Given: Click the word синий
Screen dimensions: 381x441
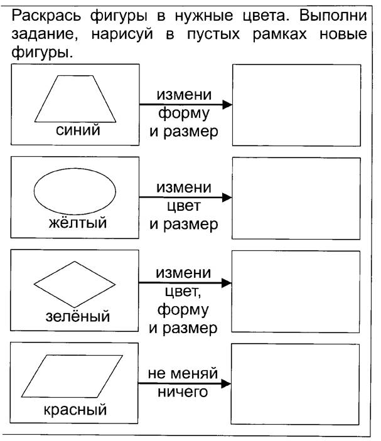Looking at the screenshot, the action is tap(78, 130).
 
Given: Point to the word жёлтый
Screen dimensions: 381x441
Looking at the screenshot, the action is tap(78, 223).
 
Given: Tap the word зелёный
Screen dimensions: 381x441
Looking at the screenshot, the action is tap(78, 316).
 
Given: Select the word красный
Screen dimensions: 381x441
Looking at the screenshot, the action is tap(75, 410).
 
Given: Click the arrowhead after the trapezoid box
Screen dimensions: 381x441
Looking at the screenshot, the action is tap(227, 104).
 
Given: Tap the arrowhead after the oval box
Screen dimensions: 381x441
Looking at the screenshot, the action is tap(227, 197).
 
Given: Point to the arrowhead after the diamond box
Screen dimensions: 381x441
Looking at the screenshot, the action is tap(227, 283).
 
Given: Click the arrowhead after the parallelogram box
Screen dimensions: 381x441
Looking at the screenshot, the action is tap(226, 383).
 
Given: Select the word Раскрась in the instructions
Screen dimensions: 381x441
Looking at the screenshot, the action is tap(46, 16).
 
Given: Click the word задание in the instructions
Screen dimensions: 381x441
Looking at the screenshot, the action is tap(45, 35).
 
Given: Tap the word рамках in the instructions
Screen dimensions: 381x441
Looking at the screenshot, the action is tap(279, 35).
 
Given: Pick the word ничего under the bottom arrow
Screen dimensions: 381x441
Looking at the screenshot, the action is tap(183, 392).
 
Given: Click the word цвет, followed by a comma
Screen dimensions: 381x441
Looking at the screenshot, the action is tap(183, 292).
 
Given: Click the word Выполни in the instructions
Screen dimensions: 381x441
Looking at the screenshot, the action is tap(333, 16).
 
